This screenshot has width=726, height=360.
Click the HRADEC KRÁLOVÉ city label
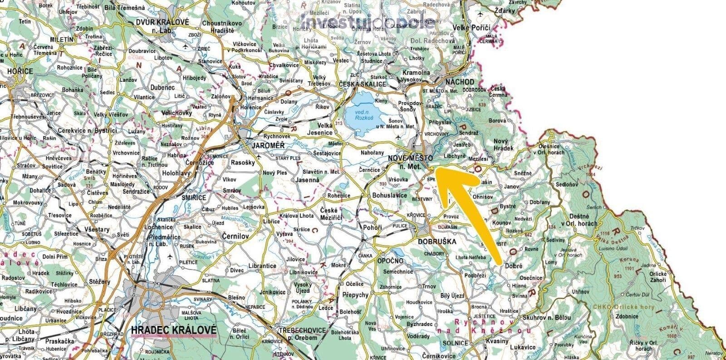point(173,330)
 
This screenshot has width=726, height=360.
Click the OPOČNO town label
point(390,261)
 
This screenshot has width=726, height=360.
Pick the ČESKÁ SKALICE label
point(362,84)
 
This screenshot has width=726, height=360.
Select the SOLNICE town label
point(455,343)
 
